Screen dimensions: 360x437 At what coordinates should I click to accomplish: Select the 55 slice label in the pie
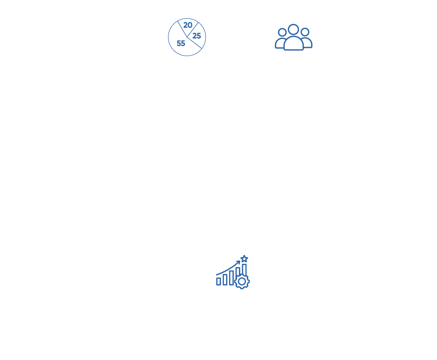[181, 43]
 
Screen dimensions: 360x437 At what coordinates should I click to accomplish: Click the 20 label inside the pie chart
[188, 25]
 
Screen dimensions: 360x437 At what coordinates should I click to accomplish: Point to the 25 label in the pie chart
[197, 36]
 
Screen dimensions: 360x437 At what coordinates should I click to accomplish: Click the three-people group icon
[293, 37]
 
